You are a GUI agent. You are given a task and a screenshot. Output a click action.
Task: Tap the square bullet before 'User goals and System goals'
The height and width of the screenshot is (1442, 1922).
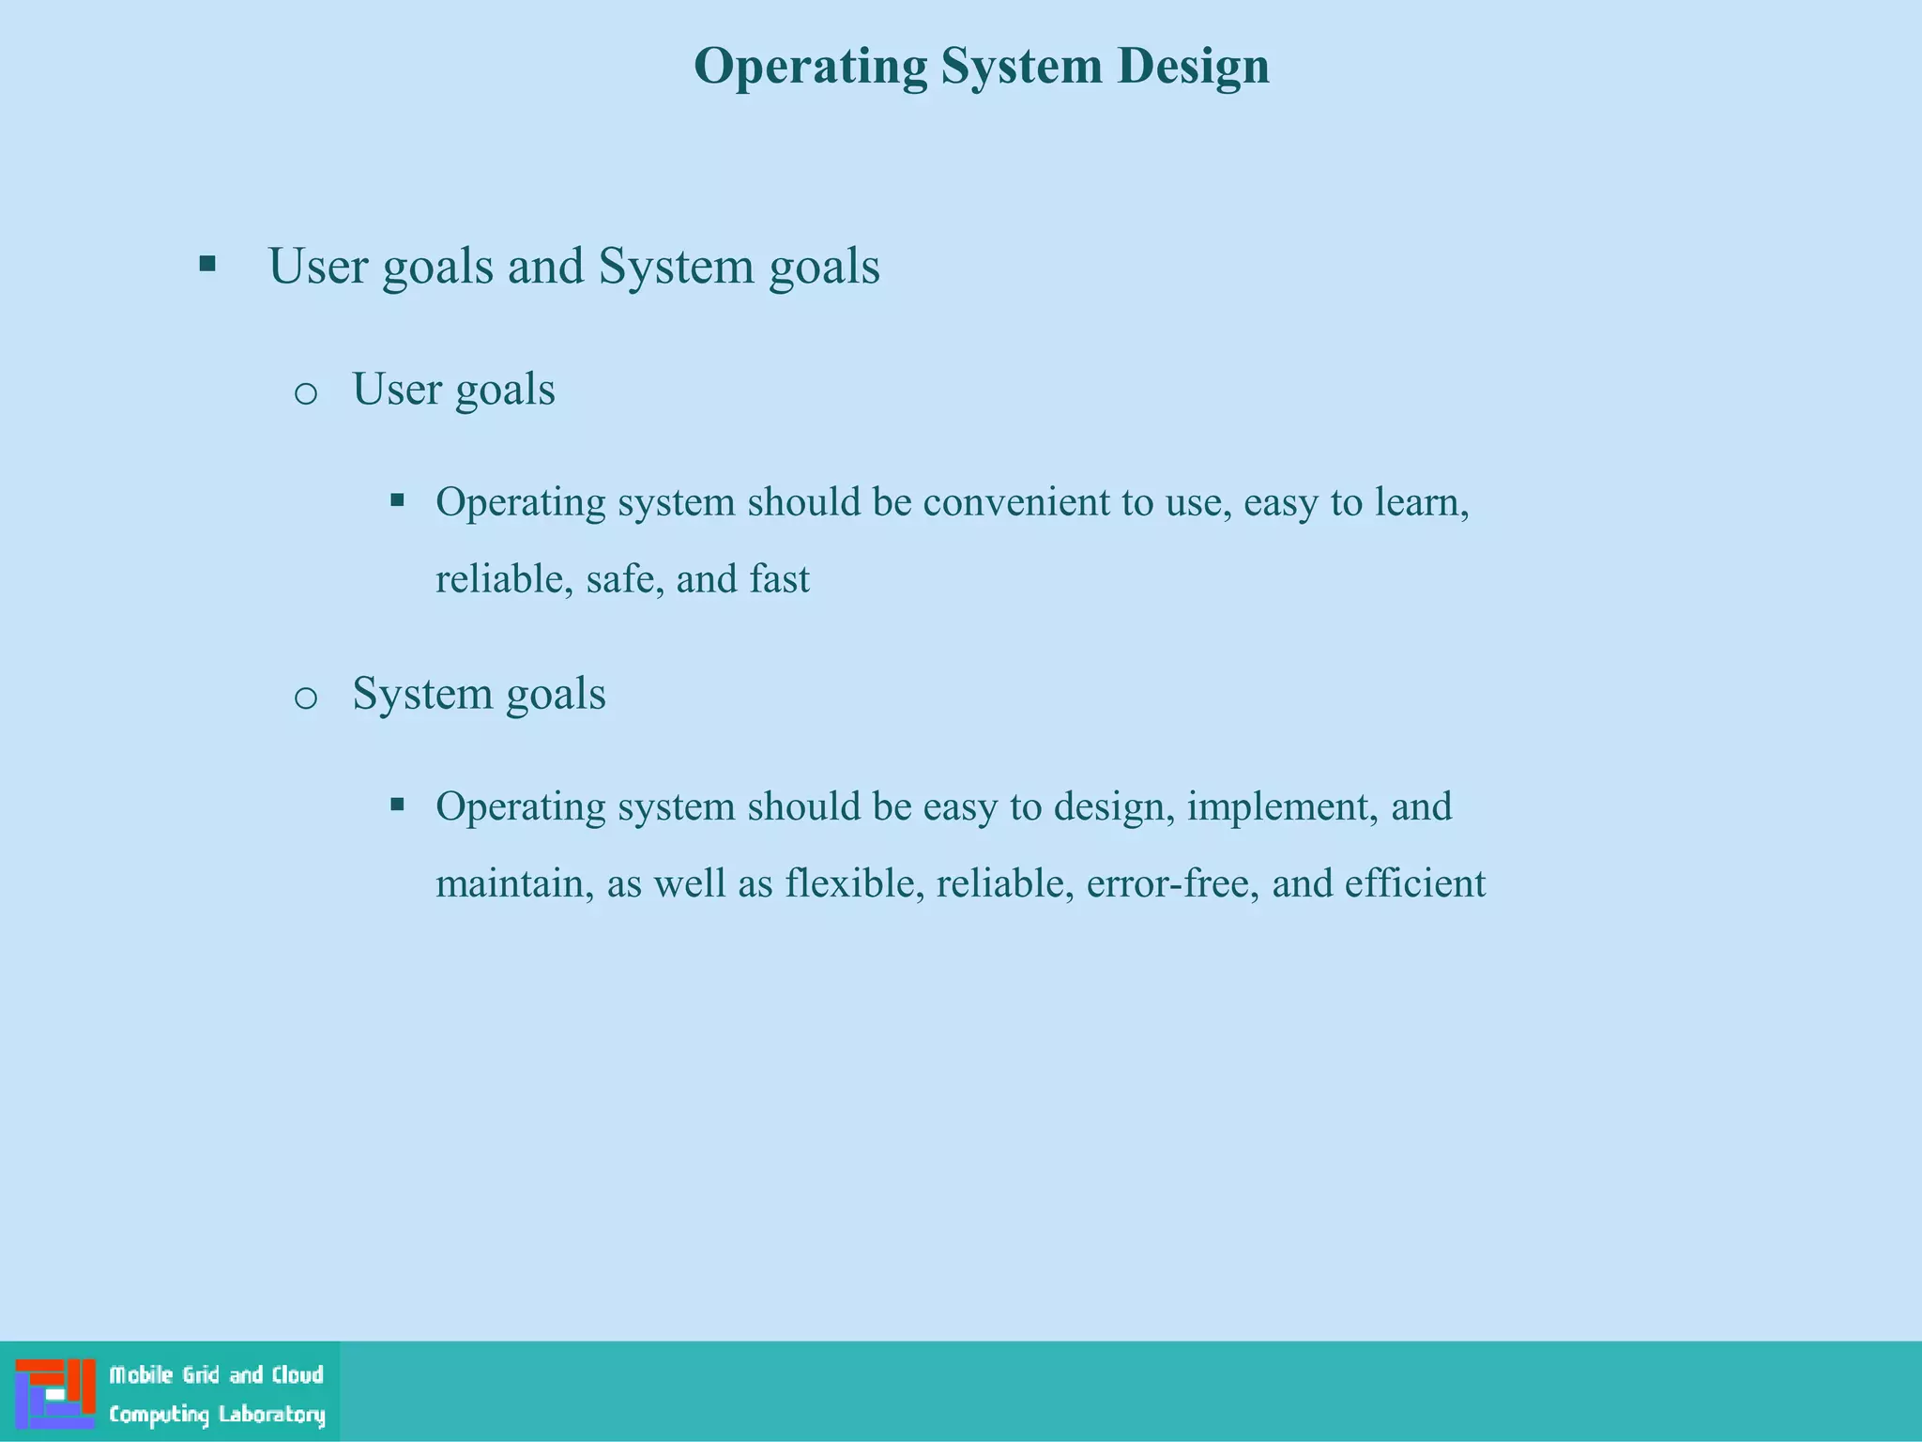point(207,264)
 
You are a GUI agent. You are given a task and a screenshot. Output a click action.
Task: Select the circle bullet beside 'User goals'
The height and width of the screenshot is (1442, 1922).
point(306,393)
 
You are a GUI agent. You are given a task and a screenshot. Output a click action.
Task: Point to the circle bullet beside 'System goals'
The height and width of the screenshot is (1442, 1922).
point(306,698)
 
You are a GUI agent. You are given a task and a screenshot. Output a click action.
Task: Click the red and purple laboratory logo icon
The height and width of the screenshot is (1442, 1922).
point(55,1393)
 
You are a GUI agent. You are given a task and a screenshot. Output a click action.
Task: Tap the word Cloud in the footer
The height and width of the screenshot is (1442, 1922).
point(297,1374)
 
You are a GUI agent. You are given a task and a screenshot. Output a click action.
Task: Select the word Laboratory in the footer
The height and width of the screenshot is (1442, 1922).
point(271,1414)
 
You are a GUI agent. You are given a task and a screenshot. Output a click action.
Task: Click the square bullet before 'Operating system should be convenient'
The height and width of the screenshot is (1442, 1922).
point(397,500)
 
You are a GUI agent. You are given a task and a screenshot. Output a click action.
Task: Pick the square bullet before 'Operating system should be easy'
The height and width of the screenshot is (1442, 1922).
point(397,805)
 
